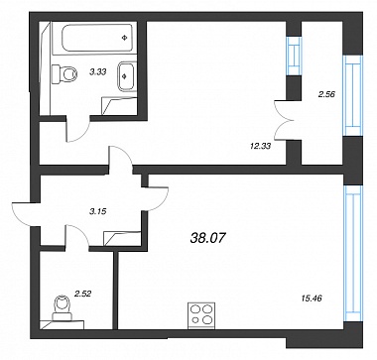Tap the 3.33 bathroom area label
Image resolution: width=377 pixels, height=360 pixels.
tap(98, 71)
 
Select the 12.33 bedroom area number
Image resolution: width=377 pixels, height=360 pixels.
tap(260, 146)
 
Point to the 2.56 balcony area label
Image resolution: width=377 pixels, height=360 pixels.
tap(326, 94)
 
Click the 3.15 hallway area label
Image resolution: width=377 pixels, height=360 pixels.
tap(97, 212)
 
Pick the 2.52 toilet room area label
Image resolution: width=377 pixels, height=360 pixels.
tap(83, 293)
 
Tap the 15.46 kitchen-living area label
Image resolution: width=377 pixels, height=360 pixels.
tap(312, 299)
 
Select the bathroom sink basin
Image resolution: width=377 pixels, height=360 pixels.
tap(127, 76)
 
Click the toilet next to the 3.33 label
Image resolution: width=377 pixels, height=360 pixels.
tap(64, 73)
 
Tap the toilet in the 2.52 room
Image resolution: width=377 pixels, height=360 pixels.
tap(63, 308)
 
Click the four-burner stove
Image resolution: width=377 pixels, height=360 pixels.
tap(201, 315)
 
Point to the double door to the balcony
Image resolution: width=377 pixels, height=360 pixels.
tap(282, 120)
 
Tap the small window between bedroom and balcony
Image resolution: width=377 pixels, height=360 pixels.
tap(294, 56)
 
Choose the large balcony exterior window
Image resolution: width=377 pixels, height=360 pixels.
tap(352, 95)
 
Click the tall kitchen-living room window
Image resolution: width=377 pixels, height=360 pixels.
tap(352, 254)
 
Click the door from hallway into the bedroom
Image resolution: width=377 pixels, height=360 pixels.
tap(121, 157)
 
